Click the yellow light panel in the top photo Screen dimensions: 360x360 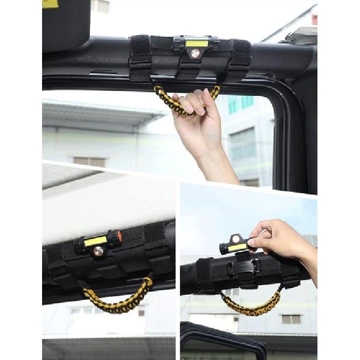click(x=196, y=44)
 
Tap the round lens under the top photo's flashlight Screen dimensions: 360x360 click(x=195, y=53)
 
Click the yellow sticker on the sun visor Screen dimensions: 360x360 click(x=50, y=4)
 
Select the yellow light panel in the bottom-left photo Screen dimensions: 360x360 click(x=96, y=241)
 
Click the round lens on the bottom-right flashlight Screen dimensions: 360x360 click(x=235, y=239)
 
